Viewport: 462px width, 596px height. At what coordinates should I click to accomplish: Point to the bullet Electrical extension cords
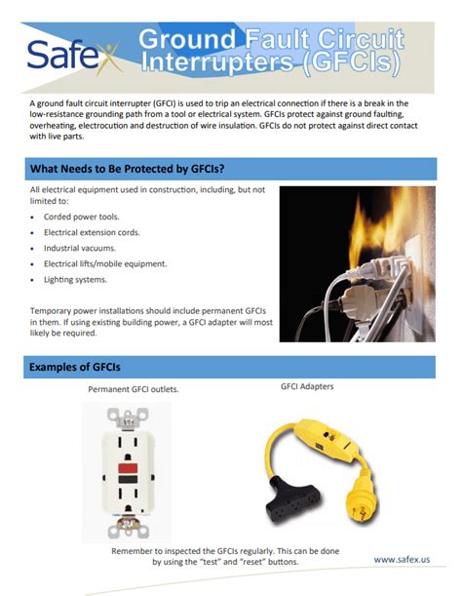(92, 233)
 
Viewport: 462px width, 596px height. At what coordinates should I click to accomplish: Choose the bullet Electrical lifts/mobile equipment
(105, 264)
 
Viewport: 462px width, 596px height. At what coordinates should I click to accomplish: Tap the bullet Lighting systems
(77, 280)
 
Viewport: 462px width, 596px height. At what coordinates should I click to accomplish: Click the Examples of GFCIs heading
(75, 367)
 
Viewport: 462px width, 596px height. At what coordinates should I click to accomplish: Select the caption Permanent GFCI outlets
(134, 389)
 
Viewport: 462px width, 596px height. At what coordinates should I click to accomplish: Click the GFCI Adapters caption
(307, 386)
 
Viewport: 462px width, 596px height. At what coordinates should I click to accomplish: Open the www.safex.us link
(403, 559)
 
